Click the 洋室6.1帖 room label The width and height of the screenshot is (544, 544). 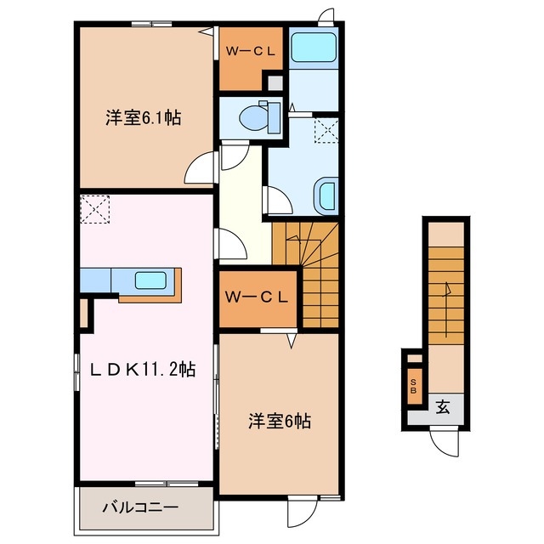[x=142, y=119]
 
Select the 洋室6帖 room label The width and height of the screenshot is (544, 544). [x=279, y=420]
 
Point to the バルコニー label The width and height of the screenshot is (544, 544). [x=140, y=507]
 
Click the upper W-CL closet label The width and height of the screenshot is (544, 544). [x=249, y=50]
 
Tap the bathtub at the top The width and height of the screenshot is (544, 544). [x=314, y=48]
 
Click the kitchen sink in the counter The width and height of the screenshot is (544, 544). [x=151, y=280]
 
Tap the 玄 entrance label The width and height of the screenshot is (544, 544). [x=443, y=406]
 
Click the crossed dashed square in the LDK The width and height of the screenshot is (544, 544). [x=94, y=207]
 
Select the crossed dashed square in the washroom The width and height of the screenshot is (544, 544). [x=325, y=130]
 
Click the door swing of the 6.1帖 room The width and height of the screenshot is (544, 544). [x=199, y=167]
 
